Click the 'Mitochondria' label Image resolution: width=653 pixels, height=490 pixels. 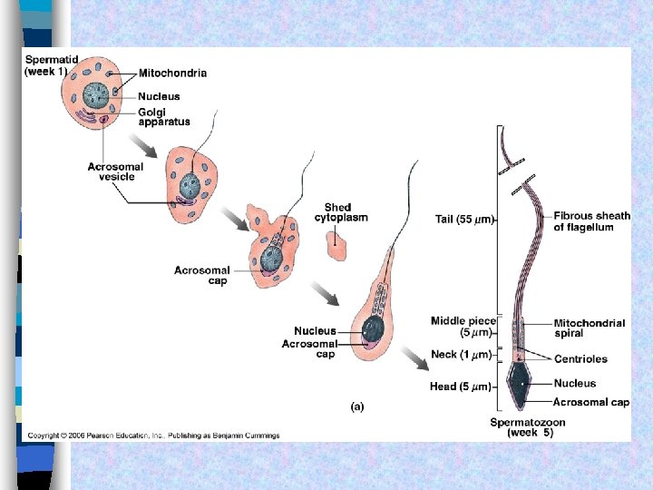172,73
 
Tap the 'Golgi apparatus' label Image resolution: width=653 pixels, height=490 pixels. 164,116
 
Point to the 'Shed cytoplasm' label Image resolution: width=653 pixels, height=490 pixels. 341,213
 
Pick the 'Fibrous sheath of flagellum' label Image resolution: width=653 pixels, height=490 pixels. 591,221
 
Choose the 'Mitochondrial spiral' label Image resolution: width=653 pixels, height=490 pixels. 589,328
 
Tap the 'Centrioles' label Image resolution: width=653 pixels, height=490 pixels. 580,359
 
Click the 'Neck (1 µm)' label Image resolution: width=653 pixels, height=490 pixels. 461,355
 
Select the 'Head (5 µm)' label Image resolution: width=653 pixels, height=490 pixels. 461,387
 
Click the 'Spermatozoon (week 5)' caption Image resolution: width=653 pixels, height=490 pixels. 528,427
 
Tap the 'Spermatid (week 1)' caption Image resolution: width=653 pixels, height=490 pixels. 51,65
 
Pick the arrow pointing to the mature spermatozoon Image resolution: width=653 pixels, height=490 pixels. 416,359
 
